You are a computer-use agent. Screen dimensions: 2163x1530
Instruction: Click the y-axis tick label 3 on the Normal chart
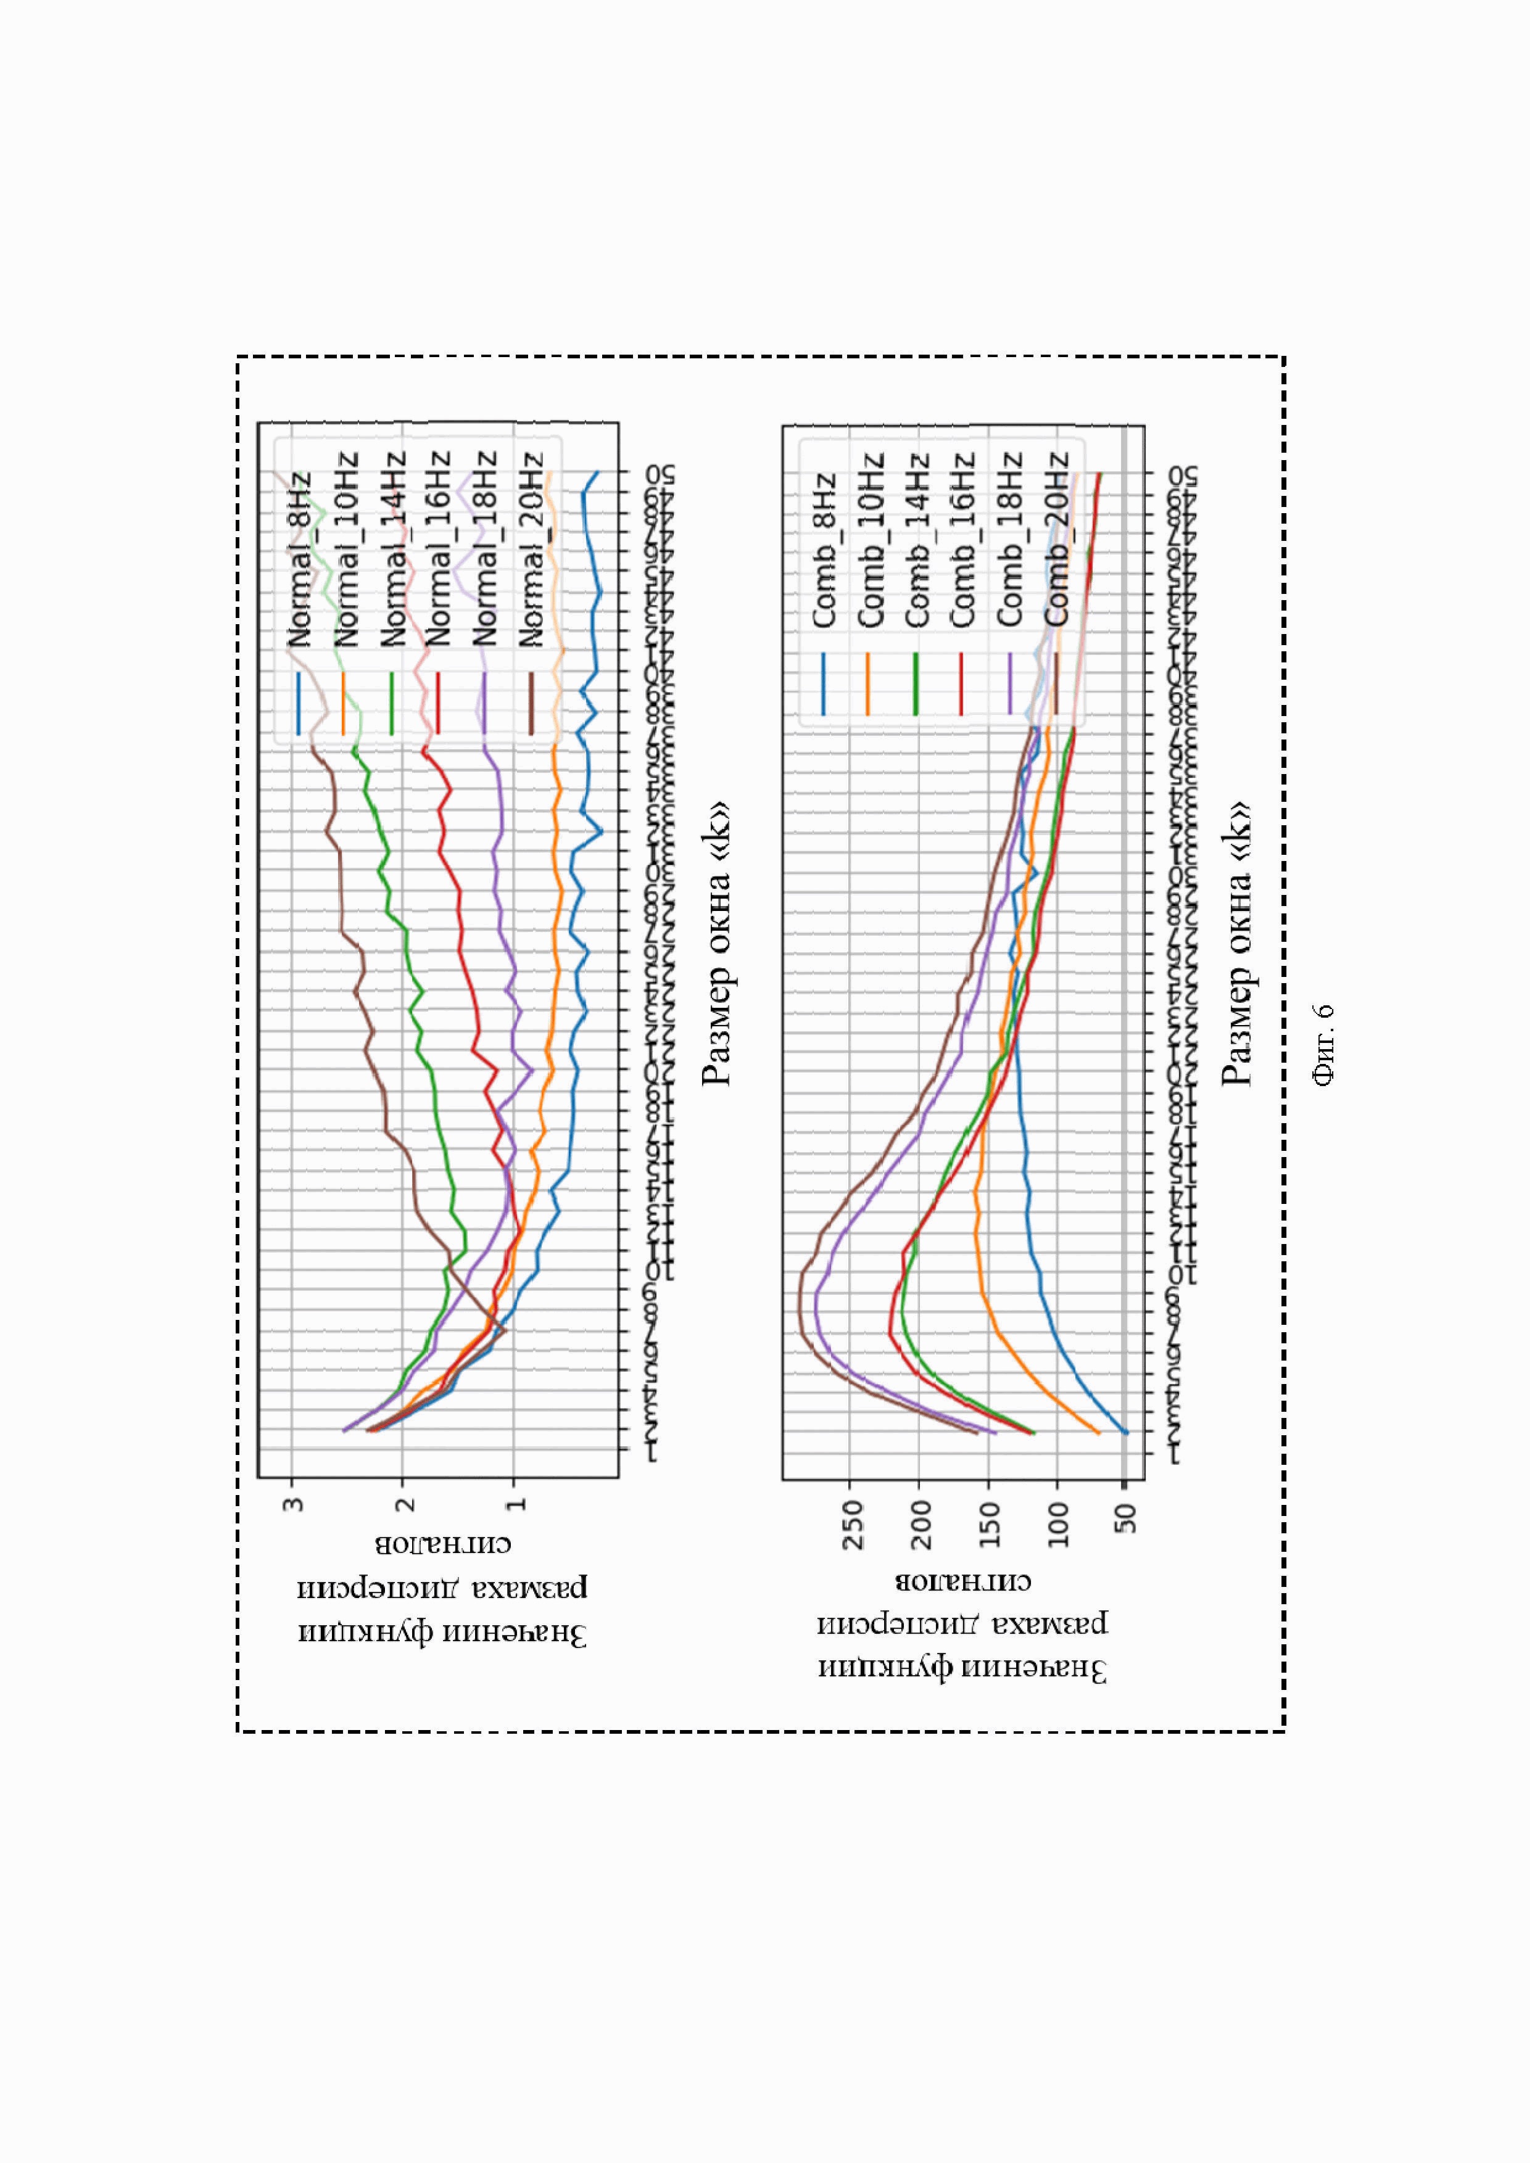tap(293, 1504)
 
